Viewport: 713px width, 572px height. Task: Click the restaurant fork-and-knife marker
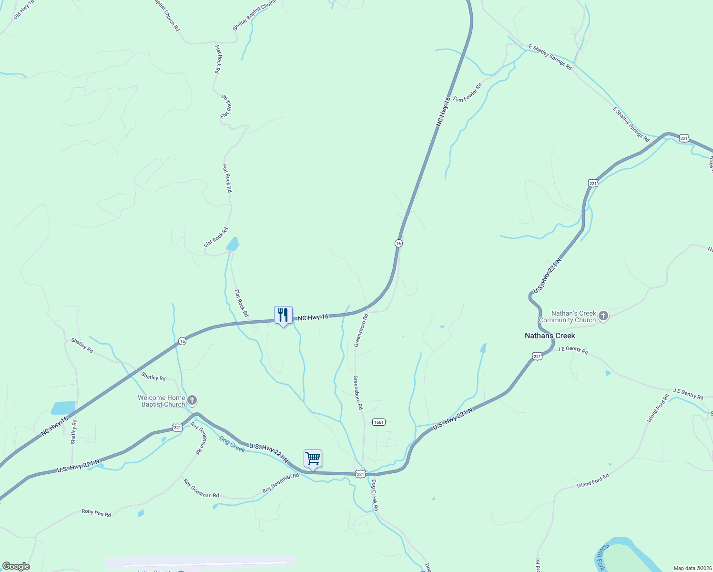283,315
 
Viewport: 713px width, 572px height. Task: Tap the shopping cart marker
313,459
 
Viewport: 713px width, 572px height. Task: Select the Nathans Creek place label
550,336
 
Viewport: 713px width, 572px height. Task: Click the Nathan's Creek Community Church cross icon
603,316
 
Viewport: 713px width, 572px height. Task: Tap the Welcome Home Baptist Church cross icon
192,400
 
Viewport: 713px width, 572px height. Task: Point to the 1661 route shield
378,422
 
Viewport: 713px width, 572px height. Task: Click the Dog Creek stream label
232,444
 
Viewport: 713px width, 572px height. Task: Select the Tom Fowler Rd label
468,92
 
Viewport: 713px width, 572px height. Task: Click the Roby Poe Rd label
96,513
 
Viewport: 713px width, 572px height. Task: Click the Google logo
16,566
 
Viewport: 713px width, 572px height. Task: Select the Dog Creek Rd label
375,495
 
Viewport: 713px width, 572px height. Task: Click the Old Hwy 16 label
24,9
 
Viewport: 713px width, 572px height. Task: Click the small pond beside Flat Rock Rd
233,244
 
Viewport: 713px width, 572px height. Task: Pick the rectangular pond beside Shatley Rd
63,408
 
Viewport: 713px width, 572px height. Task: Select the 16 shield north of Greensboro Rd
398,243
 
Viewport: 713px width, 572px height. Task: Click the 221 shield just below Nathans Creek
537,356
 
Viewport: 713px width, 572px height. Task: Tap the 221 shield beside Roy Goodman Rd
177,428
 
